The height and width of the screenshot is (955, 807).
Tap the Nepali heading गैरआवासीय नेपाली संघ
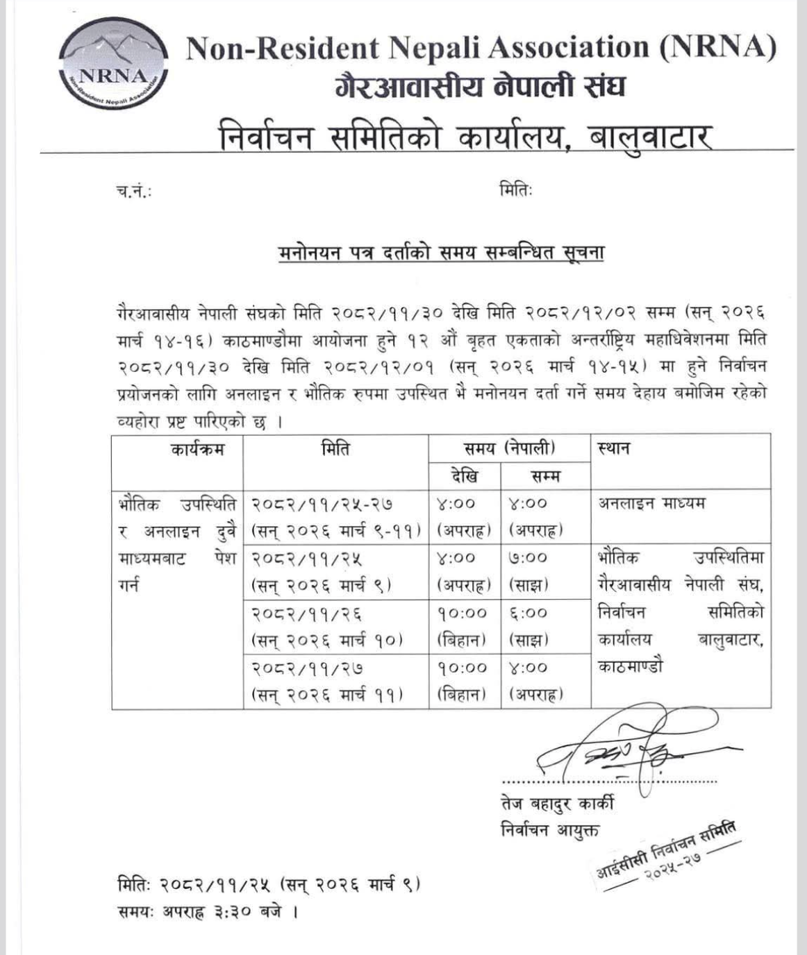[x=480, y=87]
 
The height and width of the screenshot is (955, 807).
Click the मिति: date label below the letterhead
[x=515, y=189]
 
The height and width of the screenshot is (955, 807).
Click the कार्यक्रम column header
[x=197, y=449]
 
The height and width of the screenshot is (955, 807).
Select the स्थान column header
[x=614, y=448]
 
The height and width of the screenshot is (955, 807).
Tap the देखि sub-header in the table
[x=465, y=477]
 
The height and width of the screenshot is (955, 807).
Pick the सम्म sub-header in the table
[x=545, y=477]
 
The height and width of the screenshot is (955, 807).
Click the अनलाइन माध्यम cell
[x=651, y=503]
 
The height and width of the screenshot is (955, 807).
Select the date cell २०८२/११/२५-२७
[x=336, y=516]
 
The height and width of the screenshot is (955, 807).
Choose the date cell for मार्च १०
[x=336, y=626]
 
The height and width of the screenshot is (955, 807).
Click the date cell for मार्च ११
[x=336, y=681]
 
